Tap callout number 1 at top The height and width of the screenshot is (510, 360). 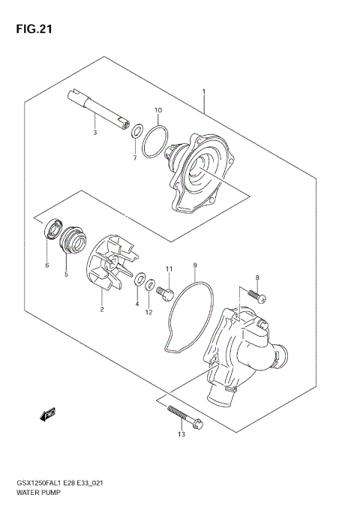tap(204, 92)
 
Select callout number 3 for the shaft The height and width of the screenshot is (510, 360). tap(94, 133)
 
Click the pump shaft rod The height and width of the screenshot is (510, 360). tap(97, 108)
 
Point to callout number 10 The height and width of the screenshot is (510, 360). tap(158, 110)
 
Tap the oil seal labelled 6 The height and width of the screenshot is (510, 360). tap(52, 229)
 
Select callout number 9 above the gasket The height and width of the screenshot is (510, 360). tap(194, 265)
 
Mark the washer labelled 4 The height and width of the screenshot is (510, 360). tap(139, 280)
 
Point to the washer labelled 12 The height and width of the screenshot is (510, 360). tap(150, 285)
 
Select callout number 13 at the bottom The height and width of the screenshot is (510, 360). tap(181, 434)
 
